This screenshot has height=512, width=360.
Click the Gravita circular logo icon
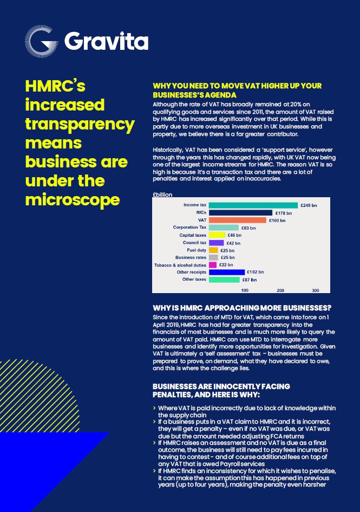pos(41,41)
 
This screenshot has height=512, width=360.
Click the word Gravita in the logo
pos(106,41)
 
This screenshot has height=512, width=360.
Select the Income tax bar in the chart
pos(253,205)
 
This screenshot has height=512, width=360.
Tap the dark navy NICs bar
pos(240,213)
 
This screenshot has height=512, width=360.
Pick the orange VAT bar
pos(238,221)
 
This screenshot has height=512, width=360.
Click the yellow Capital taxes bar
pos(217,235)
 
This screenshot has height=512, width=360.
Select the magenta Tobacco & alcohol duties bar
pos(213,265)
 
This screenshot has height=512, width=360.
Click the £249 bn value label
pos(309,205)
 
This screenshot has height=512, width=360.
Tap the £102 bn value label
pos(255,272)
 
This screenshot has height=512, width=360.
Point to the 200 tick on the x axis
pos(280,290)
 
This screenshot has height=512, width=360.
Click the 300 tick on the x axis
pos(316,290)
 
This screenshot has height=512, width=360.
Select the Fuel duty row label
pos(197,250)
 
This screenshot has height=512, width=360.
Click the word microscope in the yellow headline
pos(73,199)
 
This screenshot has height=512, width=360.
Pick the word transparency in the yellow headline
pos(80,124)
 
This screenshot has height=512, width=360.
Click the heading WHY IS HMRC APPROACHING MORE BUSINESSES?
pos(242,308)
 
